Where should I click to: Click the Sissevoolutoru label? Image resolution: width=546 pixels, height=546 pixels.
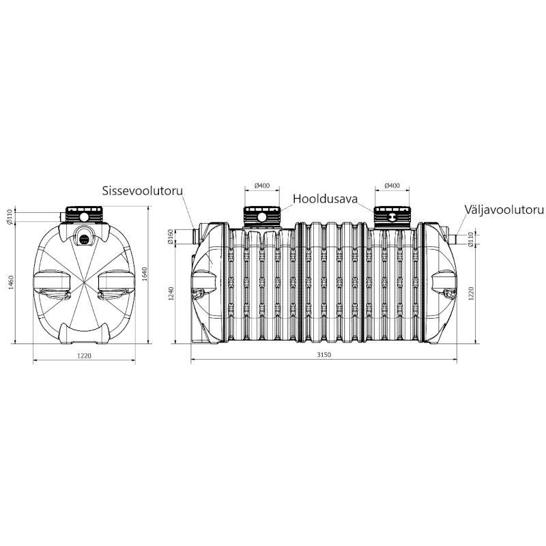(x=142, y=191)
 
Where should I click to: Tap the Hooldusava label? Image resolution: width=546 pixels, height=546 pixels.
(x=326, y=199)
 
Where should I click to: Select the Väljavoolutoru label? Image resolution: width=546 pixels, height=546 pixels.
(x=504, y=210)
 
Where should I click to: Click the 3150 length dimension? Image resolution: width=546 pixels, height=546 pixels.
(x=324, y=355)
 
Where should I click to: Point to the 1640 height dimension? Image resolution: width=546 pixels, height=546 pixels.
(x=145, y=274)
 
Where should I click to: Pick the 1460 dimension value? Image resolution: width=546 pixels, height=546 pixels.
(x=11, y=283)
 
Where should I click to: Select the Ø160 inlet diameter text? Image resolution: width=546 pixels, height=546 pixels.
(x=171, y=236)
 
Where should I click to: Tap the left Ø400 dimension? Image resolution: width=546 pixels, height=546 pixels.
(x=262, y=186)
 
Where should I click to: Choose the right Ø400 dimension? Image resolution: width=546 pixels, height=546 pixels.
(x=392, y=186)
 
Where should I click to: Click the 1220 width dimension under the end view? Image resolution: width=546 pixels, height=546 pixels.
(x=84, y=356)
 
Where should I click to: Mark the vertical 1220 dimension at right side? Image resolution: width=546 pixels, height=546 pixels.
(x=471, y=294)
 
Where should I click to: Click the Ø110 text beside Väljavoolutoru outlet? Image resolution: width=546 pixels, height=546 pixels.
(x=471, y=240)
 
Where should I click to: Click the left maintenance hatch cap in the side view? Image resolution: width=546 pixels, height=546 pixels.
(x=262, y=216)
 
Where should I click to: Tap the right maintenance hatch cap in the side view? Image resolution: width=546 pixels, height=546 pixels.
(x=392, y=216)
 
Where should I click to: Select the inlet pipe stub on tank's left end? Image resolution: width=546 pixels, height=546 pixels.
(x=197, y=236)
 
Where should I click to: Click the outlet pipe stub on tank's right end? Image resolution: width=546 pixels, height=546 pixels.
(x=452, y=240)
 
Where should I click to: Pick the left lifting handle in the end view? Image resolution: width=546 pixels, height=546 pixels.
(x=52, y=285)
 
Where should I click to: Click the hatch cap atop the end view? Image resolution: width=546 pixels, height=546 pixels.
(x=84, y=215)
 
